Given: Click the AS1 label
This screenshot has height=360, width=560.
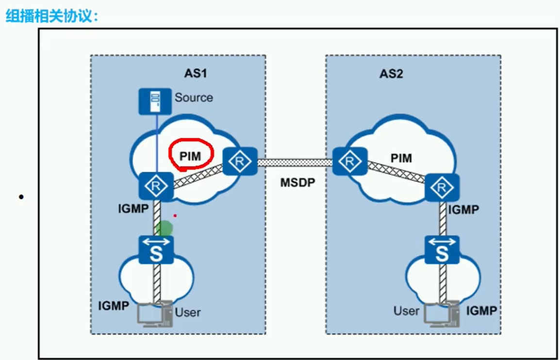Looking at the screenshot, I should [196, 74].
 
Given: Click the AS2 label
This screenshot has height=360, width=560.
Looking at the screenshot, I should [391, 74].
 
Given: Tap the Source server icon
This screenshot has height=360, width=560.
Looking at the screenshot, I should [155, 101].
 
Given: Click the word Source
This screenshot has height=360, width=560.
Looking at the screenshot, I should [194, 98].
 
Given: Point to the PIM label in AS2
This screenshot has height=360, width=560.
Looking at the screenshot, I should [401, 158].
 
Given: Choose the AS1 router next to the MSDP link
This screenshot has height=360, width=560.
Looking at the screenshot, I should [240, 162].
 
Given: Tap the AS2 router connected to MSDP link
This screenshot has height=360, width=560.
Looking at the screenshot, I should [349, 162].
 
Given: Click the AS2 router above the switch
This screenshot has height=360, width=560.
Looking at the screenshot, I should [442, 187].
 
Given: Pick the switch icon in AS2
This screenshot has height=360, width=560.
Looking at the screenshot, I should [442, 250].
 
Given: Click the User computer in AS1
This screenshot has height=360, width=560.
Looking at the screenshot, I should [154, 313].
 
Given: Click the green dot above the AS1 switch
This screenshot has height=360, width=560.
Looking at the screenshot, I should [164, 228].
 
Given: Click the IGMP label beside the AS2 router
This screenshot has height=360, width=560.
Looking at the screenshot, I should [463, 210].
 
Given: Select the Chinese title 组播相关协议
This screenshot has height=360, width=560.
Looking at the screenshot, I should [52, 16].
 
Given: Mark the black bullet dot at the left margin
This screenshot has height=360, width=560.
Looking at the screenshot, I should [21, 197].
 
